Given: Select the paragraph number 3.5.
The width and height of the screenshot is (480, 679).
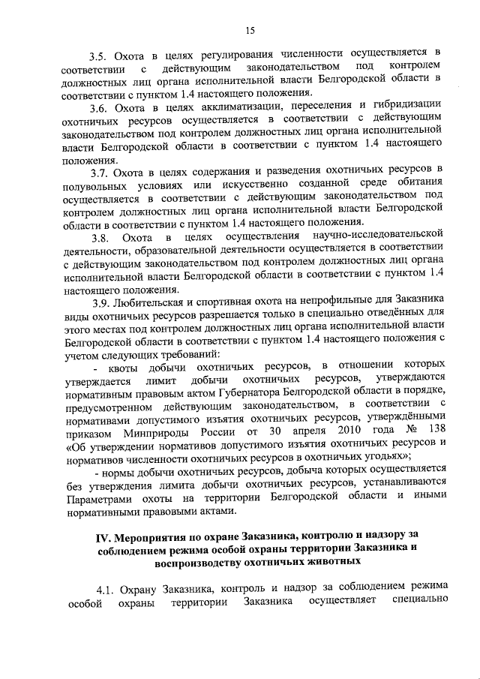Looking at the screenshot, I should tap(97, 54).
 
